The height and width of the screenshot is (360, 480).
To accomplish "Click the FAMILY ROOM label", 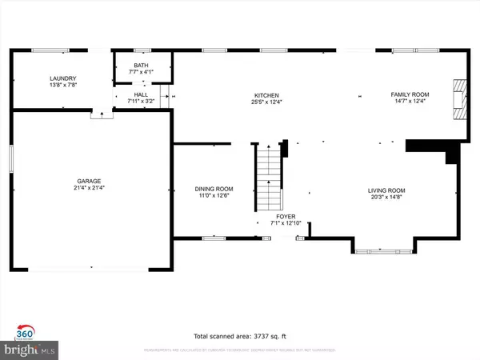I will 409,94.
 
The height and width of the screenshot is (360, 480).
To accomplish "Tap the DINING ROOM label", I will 214,190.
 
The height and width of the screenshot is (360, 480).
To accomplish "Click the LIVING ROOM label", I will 386,190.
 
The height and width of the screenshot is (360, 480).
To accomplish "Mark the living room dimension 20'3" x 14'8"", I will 386,197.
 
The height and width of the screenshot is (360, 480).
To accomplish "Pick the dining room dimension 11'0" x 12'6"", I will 214,196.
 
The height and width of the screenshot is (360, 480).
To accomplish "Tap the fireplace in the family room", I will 458,99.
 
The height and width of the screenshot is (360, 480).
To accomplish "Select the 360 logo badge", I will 25,333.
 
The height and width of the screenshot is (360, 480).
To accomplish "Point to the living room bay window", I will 382,251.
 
